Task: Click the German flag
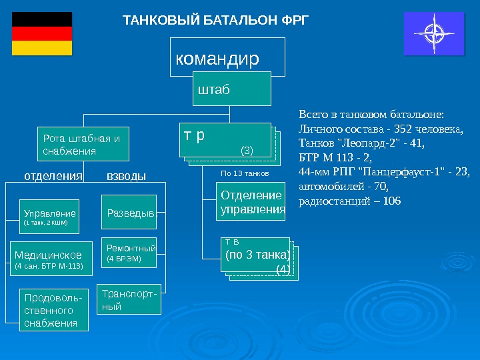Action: tap(41, 33)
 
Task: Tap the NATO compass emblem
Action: tap(437, 33)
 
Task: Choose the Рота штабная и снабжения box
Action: tap(83, 145)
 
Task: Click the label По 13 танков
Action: tap(244, 173)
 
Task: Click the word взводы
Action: tap(126, 177)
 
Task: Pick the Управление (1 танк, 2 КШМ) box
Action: tap(50, 217)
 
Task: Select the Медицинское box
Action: tap(50, 259)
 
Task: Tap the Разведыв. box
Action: tap(129, 213)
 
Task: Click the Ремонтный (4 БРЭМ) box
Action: tap(129, 253)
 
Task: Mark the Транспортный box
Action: tap(129, 300)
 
